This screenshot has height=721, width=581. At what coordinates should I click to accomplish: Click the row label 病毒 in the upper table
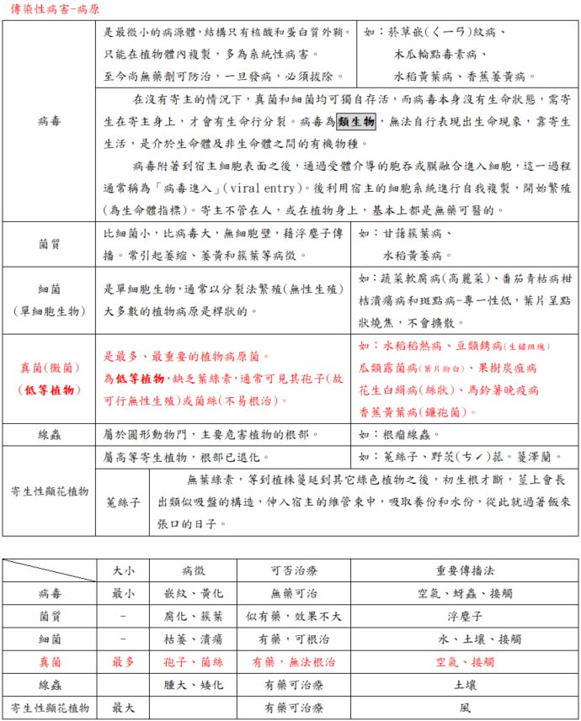pyautogui.click(x=48, y=121)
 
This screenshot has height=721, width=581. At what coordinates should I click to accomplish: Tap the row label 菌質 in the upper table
pyautogui.click(x=48, y=244)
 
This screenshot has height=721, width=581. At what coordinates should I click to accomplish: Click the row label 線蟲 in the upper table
pyautogui.click(x=48, y=435)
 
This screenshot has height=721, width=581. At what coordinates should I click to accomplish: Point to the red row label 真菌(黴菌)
pyautogui.click(x=48, y=368)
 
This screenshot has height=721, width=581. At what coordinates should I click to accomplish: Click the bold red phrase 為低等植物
pyautogui.click(x=133, y=379)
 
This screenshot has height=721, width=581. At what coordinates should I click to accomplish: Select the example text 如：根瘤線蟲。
pyautogui.click(x=400, y=435)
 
